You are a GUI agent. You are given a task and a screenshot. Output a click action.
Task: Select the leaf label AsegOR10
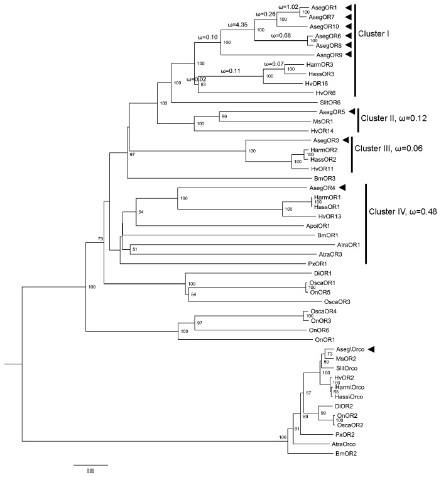[324, 28]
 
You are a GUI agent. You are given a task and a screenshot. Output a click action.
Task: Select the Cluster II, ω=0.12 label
[398, 118]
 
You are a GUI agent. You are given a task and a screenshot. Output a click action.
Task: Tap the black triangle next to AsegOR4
[343, 188]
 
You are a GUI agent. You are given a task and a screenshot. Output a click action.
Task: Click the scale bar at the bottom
[91, 465]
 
